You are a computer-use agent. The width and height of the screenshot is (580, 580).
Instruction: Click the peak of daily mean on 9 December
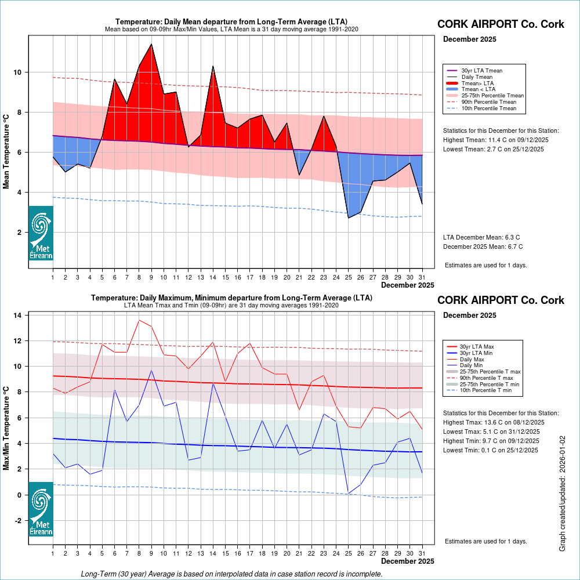point(151,44)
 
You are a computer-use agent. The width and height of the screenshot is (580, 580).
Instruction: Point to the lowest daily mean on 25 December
point(349,218)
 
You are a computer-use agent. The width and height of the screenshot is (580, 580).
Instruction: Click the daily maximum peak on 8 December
point(139,320)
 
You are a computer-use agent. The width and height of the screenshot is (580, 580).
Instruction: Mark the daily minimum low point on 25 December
point(349,494)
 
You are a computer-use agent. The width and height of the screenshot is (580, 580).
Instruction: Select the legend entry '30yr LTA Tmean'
point(481,71)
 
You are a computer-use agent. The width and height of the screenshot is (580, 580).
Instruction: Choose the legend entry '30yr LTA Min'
point(477,353)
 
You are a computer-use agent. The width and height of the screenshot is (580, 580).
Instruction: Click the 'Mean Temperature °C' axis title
point(7,151)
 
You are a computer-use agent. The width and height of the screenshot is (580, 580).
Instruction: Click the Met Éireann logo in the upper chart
point(41,233)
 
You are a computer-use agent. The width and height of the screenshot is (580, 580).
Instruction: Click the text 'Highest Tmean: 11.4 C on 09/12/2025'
point(496,140)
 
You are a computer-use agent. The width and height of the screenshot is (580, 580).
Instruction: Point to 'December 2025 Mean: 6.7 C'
point(483,246)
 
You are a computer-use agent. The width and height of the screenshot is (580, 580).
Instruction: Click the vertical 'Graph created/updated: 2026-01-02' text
point(562,494)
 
